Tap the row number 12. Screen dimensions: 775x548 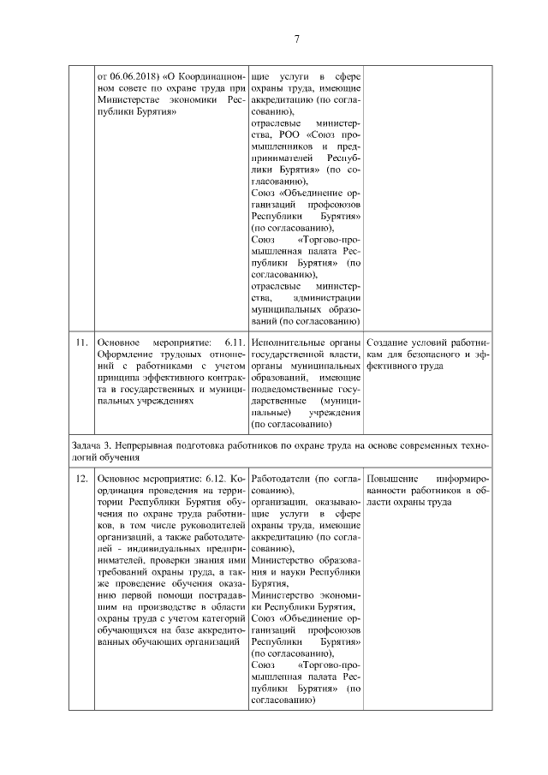tap(81, 478)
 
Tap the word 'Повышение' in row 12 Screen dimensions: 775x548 tap(393, 478)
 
